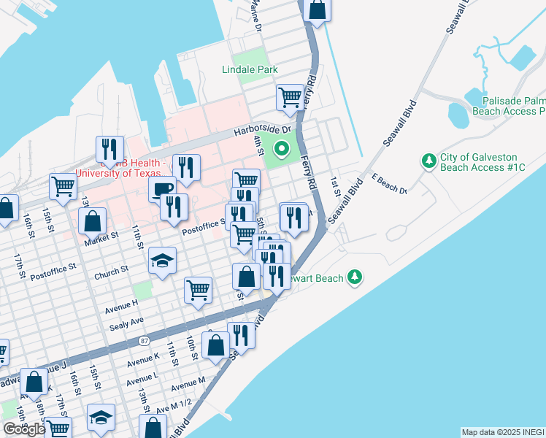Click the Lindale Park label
pyautogui.click(x=250, y=69)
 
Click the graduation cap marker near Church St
pyautogui.click(x=162, y=261)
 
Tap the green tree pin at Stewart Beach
pyautogui.click(x=355, y=277)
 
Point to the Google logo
pyautogui.click(x=23, y=429)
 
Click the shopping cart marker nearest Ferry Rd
pyautogui.click(x=290, y=97)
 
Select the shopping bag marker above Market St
pyautogui.click(x=93, y=220)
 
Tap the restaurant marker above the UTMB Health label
pyautogui.click(x=109, y=150)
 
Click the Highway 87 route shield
pyautogui.click(x=145, y=340)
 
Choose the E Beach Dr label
pyautogui.click(x=389, y=184)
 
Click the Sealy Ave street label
pyautogui.click(x=126, y=322)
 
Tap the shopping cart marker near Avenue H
pyautogui.click(x=198, y=291)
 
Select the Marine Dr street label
pyautogui.click(x=255, y=15)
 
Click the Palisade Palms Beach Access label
pyautogui.click(x=509, y=106)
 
